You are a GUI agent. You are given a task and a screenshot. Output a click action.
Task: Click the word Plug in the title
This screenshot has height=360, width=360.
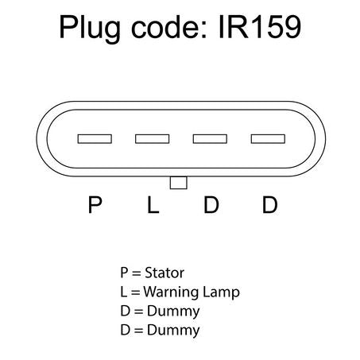(x=90, y=29)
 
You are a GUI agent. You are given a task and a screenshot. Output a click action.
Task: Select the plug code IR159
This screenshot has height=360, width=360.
(x=260, y=27)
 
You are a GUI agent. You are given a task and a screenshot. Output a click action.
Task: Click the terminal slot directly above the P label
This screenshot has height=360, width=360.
(x=95, y=139)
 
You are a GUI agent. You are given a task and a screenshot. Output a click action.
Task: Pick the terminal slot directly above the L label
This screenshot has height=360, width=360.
(x=153, y=139)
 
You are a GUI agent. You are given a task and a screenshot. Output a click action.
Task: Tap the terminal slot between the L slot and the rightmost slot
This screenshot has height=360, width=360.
(x=210, y=139)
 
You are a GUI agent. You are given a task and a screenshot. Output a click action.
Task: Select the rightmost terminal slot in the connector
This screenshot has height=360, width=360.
(x=268, y=139)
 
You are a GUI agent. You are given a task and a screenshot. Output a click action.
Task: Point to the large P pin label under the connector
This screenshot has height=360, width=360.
(x=95, y=204)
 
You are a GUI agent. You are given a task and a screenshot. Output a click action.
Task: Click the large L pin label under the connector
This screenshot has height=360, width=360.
(x=153, y=204)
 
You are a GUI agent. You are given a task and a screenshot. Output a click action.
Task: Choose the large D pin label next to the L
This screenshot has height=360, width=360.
(x=211, y=204)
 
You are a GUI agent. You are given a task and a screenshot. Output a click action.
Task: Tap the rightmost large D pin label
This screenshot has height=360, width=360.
(x=269, y=204)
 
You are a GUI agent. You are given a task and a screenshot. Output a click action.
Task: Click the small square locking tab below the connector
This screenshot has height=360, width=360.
(x=179, y=183)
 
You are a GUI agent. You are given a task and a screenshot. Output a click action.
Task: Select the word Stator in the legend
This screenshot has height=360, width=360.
(x=165, y=273)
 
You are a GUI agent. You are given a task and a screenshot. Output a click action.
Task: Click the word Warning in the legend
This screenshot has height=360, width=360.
(x=171, y=292)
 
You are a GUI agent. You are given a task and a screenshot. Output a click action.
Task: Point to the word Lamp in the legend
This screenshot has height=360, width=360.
(x=221, y=292)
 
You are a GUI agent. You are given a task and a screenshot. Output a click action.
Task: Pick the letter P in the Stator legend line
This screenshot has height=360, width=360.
(x=124, y=273)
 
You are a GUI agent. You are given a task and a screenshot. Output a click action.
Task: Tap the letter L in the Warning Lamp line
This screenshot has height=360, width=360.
(x=123, y=292)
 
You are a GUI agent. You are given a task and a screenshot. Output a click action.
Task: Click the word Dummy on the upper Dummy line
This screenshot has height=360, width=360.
(x=173, y=312)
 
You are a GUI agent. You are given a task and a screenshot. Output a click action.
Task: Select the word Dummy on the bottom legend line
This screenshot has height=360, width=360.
(x=173, y=331)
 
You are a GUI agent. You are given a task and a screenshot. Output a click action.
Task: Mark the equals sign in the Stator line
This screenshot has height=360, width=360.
(x=136, y=273)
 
